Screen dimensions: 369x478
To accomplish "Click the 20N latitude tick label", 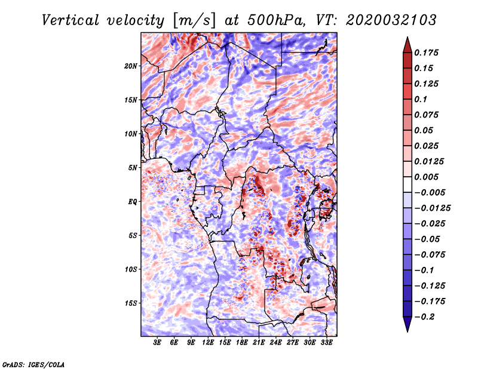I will pos(131,66).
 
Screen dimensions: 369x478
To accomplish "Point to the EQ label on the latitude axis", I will pos(133,202).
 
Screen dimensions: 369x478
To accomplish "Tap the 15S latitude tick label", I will pos(131,303).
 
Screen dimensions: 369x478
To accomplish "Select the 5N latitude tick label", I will pos(133,168).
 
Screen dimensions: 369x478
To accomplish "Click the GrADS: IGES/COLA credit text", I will pos(33,364).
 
